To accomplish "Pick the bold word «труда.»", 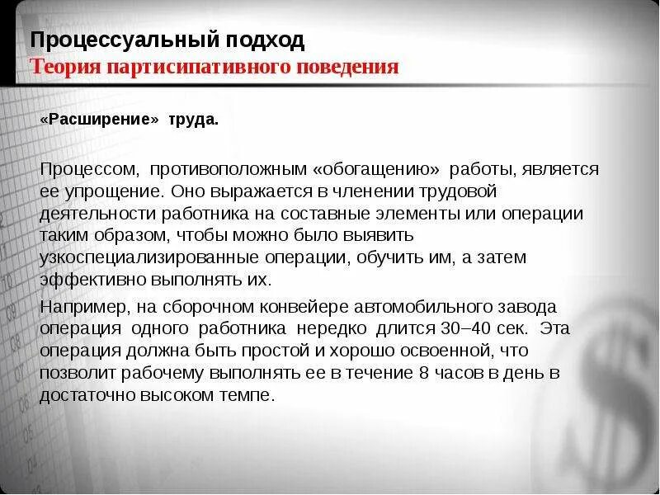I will pyautogui.click(x=194, y=119).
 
